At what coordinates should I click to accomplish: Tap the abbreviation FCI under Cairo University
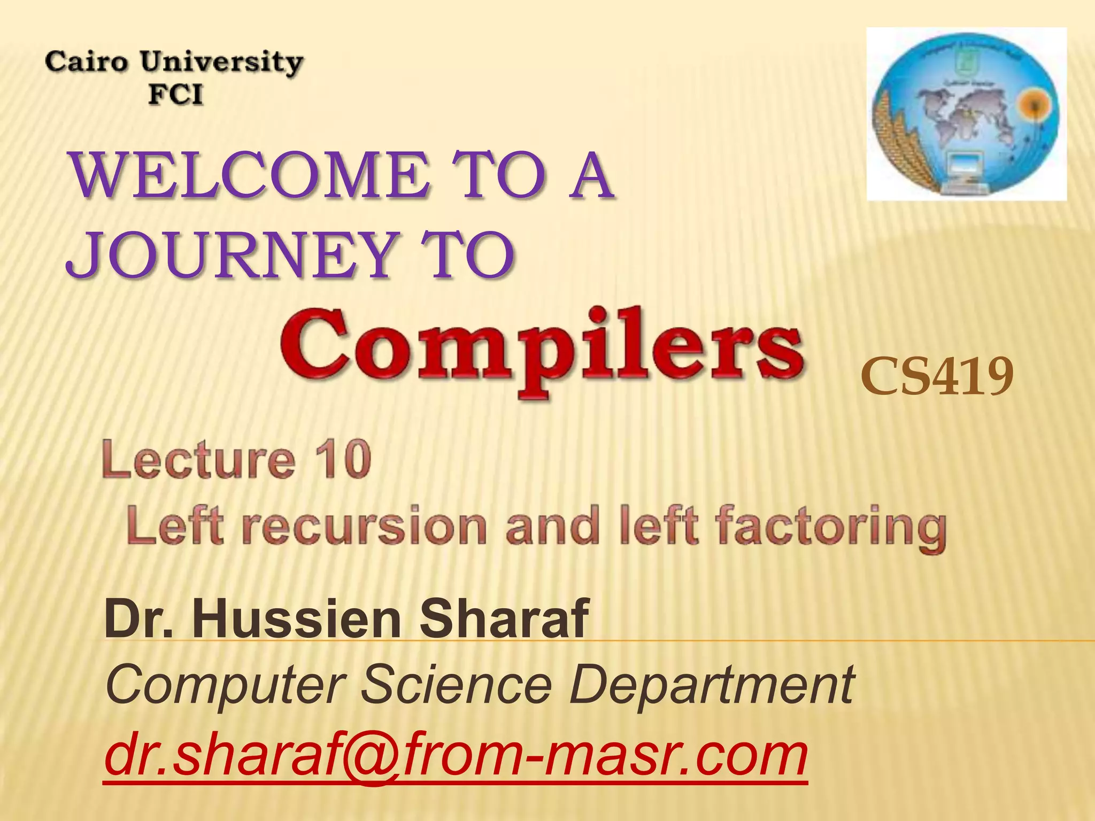[175, 95]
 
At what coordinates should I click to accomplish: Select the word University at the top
[222, 63]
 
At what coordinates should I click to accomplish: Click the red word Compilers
[541, 350]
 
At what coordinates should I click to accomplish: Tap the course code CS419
[937, 377]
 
